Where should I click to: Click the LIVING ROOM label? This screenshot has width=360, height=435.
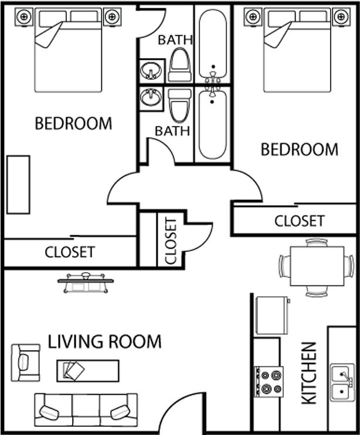104,341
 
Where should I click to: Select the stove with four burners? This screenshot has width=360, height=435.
269,381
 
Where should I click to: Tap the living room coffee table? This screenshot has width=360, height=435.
88,370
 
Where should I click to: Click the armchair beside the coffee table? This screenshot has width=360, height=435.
26,359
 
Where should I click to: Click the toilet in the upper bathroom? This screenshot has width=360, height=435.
178,64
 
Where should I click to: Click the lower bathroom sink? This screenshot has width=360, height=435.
151,97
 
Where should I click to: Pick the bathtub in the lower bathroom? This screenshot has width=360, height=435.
211,124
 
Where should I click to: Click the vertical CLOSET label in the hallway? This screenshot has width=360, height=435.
170,241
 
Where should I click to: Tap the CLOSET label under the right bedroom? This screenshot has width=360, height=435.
299,221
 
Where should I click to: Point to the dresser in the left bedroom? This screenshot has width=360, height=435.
18,185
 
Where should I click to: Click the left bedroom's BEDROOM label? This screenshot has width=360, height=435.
73,124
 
